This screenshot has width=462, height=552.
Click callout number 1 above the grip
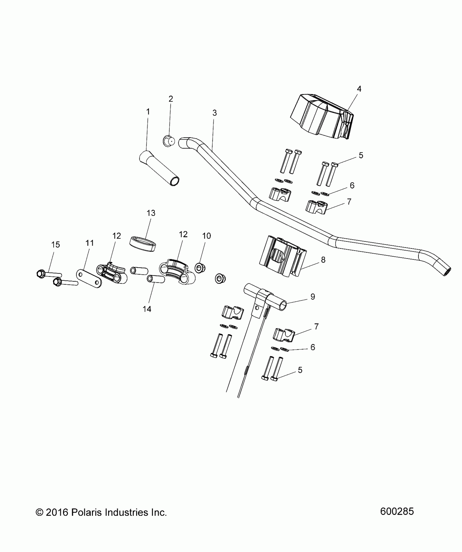148,112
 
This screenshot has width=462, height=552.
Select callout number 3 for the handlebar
214,113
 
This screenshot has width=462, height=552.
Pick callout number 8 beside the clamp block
323,260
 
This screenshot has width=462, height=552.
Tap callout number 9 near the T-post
313,297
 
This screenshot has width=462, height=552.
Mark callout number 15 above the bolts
55,245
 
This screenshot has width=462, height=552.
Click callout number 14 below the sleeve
147,309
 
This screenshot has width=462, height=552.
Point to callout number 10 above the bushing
207,236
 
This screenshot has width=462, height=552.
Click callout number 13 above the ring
151,213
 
